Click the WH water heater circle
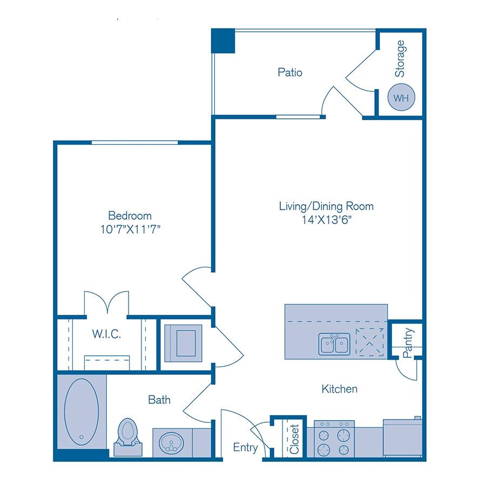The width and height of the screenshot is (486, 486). pos(400,98)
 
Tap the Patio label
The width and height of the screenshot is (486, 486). pos(290,72)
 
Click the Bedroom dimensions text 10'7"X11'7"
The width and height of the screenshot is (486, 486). pos(129,228)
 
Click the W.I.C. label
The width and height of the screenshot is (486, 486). pos(106,334)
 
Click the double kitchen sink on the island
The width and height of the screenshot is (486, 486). pos(334,343)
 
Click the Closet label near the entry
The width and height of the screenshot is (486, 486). pos(294,438)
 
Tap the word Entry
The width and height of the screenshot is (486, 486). pos(245,448)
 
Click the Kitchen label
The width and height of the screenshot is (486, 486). pos(339,388)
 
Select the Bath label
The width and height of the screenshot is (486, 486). pos(159,400)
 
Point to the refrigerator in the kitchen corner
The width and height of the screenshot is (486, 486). pos(402,437)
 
